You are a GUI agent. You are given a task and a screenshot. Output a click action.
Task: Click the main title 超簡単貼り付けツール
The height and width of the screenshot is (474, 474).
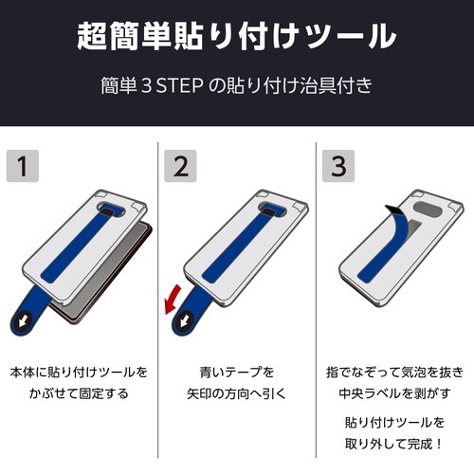[x=236, y=37]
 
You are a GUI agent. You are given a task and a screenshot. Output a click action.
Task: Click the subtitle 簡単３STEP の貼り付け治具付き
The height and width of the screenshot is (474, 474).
[x=236, y=84]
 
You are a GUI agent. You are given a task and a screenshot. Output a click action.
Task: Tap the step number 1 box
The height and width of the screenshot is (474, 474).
[x=26, y=166]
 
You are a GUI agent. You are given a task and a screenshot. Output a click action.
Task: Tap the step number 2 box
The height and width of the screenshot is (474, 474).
[x=181, y=166]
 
